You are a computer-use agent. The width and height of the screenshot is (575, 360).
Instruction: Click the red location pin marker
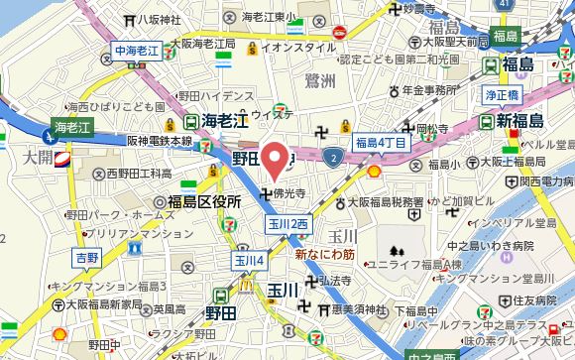(x=274, y=160)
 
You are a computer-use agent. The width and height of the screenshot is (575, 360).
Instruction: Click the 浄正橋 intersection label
(x=503, y=97)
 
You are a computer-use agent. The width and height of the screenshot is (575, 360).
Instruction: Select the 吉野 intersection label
(x=88, y=257)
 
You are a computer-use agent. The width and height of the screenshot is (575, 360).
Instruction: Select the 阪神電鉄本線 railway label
(x=159, y=142)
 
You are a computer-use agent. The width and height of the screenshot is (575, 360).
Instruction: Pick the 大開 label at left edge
(x=40, y=157)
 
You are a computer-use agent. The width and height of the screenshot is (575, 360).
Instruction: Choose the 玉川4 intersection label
(x=248, y=261)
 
